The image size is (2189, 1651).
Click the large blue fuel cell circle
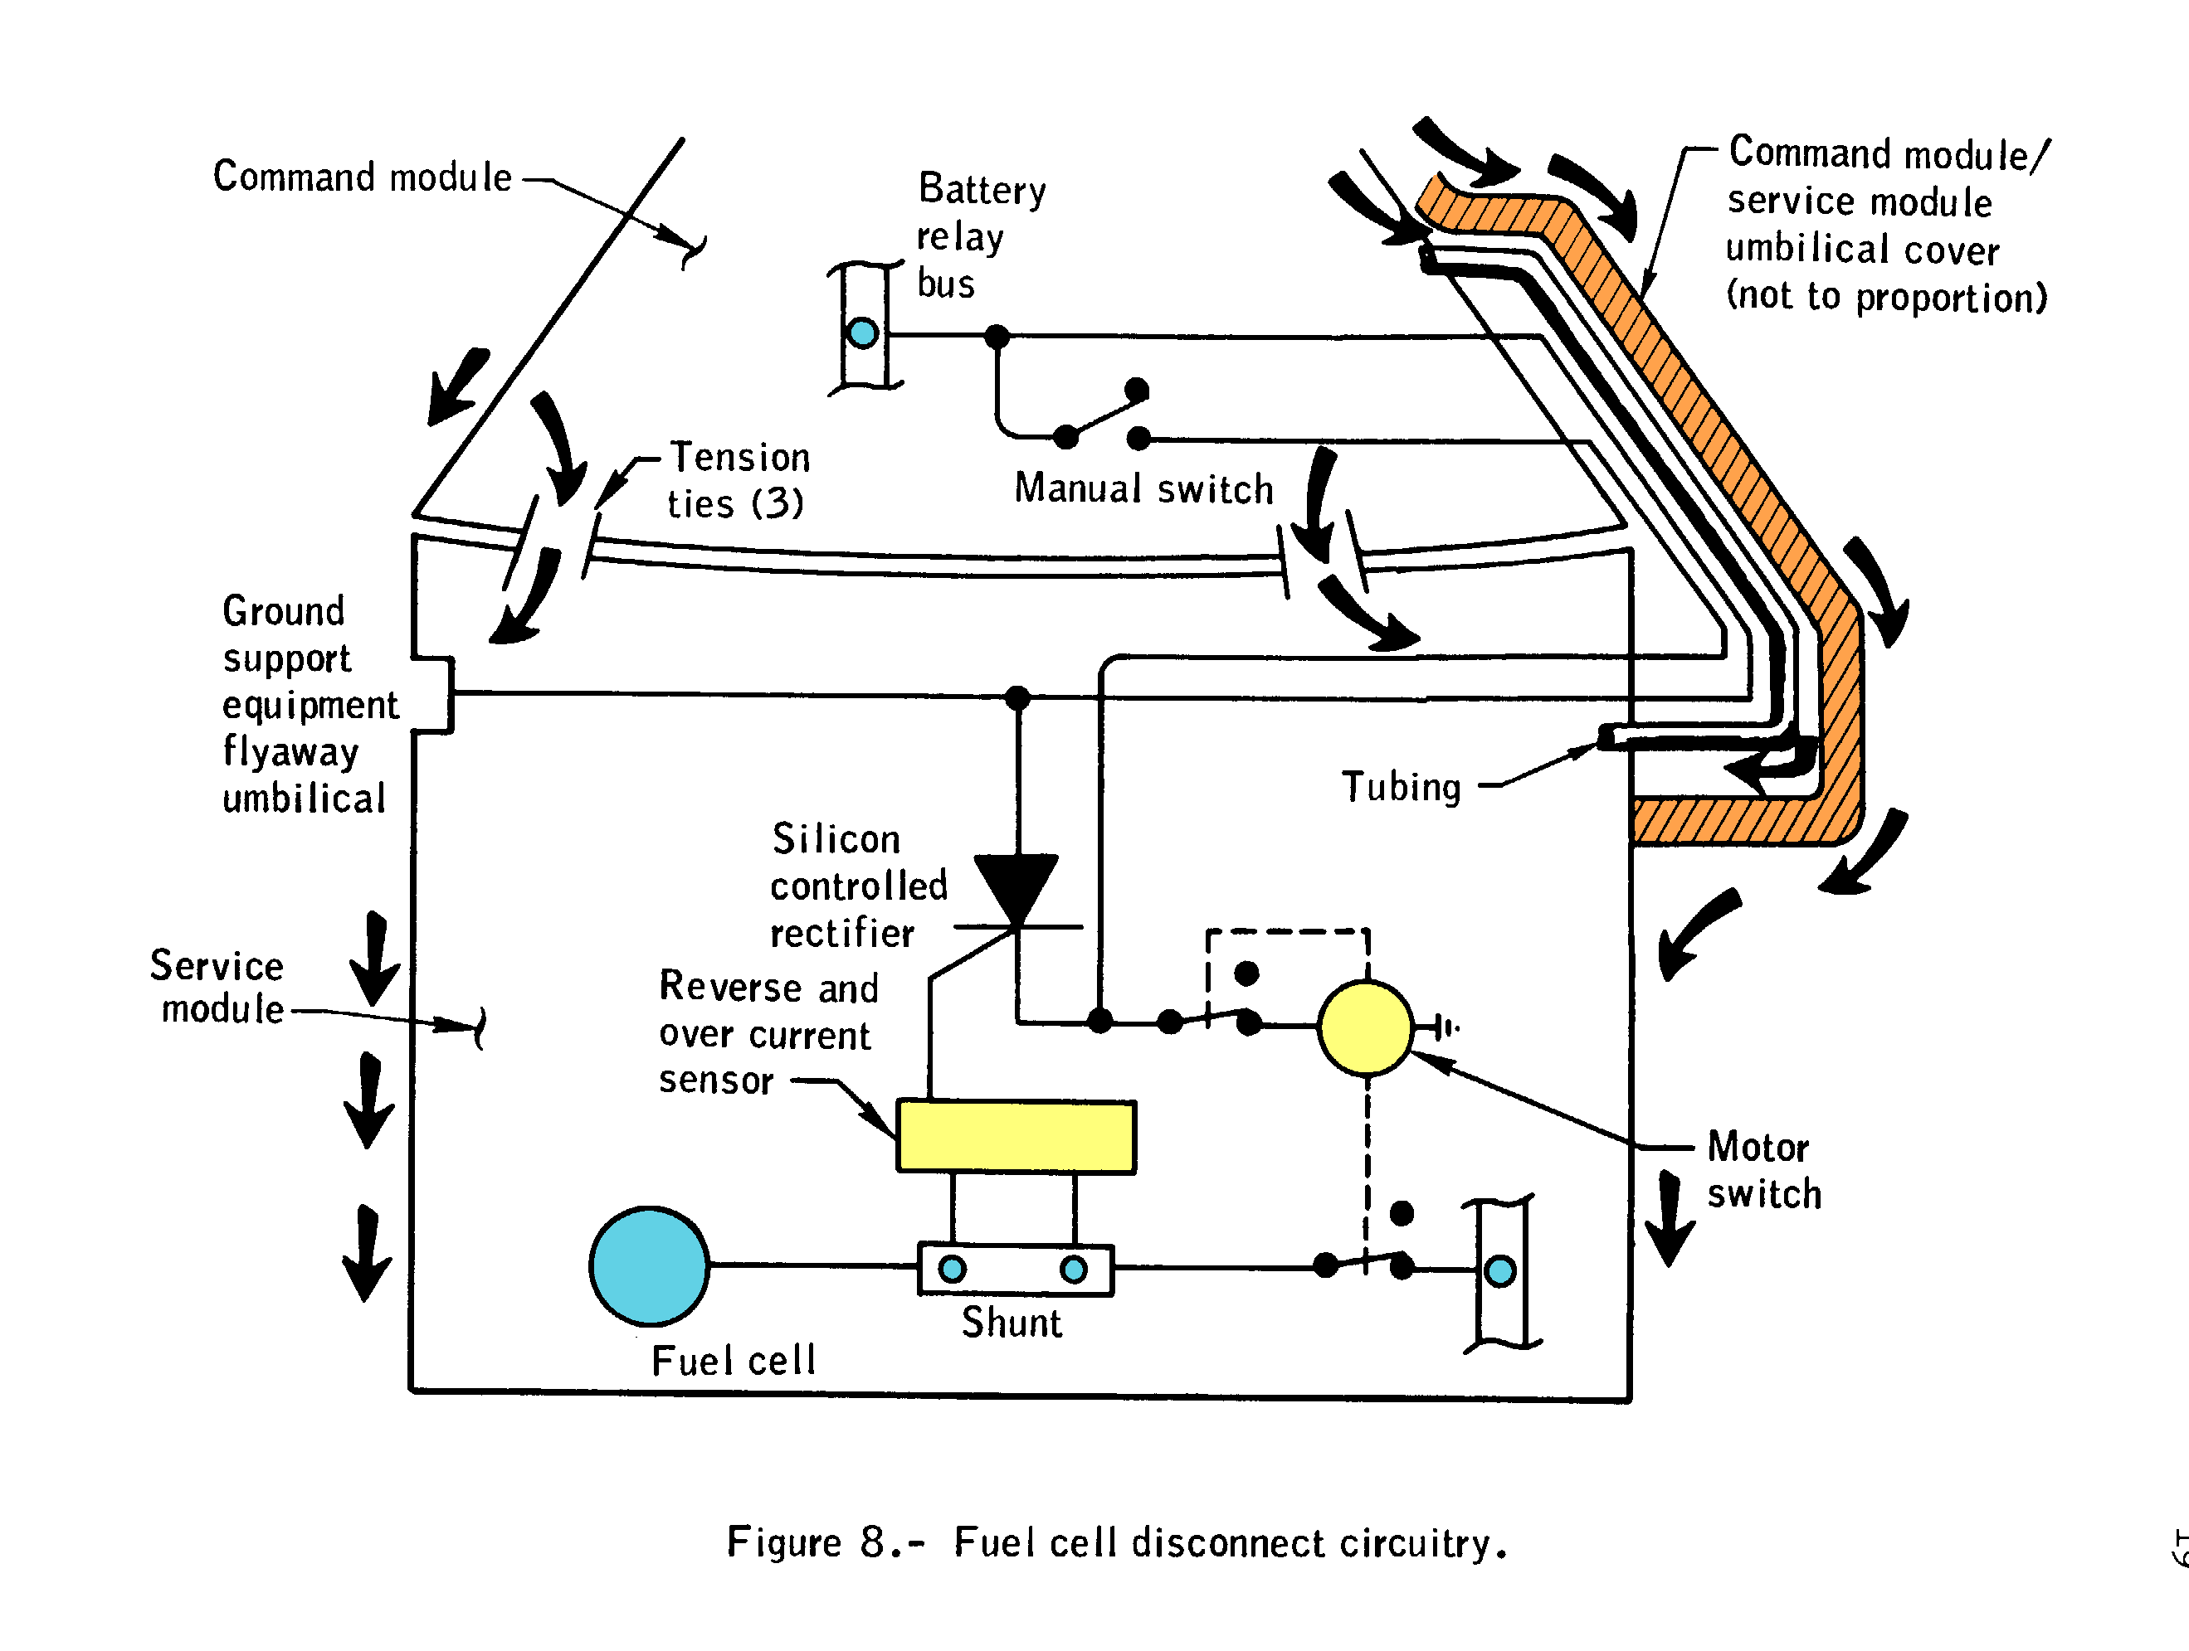coord(649,1265)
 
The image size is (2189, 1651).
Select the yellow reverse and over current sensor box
coord(1016,1137)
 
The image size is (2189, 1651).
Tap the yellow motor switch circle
coord(1366,1027)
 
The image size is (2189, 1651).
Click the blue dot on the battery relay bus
coord(863,333)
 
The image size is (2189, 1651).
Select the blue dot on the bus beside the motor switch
coord(1500,1270)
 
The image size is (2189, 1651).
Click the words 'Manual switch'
coord(1144,488)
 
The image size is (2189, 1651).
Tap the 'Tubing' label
coord(1402,788)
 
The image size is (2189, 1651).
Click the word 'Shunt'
coord(1012,1323)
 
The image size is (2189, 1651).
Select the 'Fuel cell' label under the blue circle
coord(734,1361)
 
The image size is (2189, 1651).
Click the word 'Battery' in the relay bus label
coord(982,189)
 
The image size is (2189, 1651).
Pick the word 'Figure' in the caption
coord(784,1542)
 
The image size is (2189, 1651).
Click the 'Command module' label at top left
coord(362,177)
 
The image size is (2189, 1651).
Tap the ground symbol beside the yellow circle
coord(1446,1027)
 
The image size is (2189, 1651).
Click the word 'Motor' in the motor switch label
coord(1758,1148)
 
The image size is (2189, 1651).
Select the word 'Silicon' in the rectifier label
coord(836,839)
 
